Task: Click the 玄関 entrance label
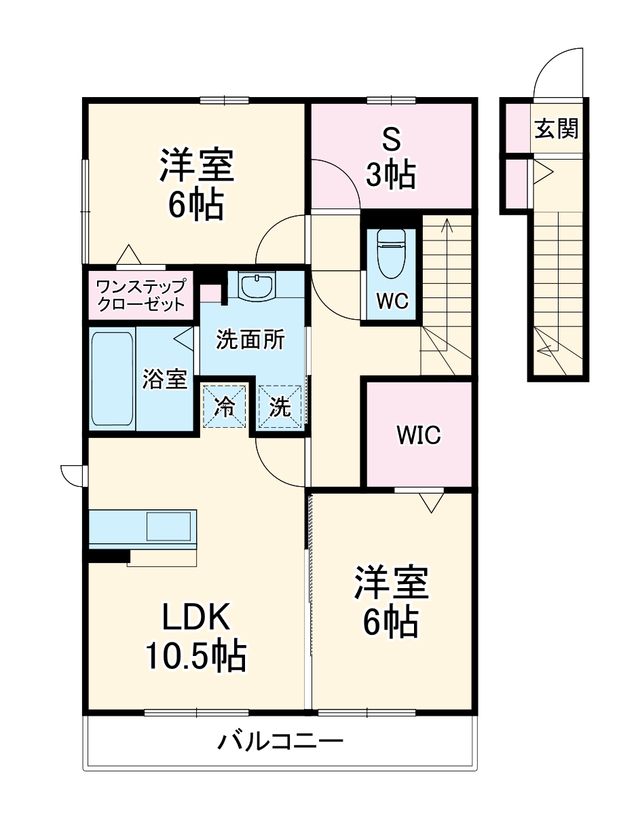tap(556, 128)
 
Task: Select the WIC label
tap(418, 435)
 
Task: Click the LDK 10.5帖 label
tap(195, 636)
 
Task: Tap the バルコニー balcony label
tap(280, 741)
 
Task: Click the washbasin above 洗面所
tap(257, 286)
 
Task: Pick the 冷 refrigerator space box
tap(224, 407)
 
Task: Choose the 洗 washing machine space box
tap(280, 407)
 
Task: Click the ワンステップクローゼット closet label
tap(141, 294)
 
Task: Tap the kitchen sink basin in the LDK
tap(169, 526)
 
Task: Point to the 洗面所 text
tap(250, 340)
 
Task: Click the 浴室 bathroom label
tap(164, 379)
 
